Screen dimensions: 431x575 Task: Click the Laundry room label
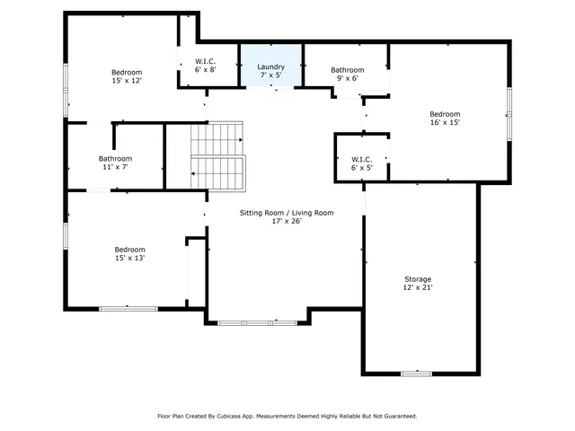coord(270,66)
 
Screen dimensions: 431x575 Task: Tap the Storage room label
coord(417,279)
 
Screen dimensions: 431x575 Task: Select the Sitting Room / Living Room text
coord(286,213)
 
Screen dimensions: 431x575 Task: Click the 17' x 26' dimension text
coord(286,222)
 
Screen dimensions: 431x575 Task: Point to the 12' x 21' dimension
coord(417,288)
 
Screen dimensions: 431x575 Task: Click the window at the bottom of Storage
coord(416,373)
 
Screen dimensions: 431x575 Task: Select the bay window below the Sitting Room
coord(256,321)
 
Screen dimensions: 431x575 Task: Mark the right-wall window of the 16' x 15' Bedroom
coord(509,114)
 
